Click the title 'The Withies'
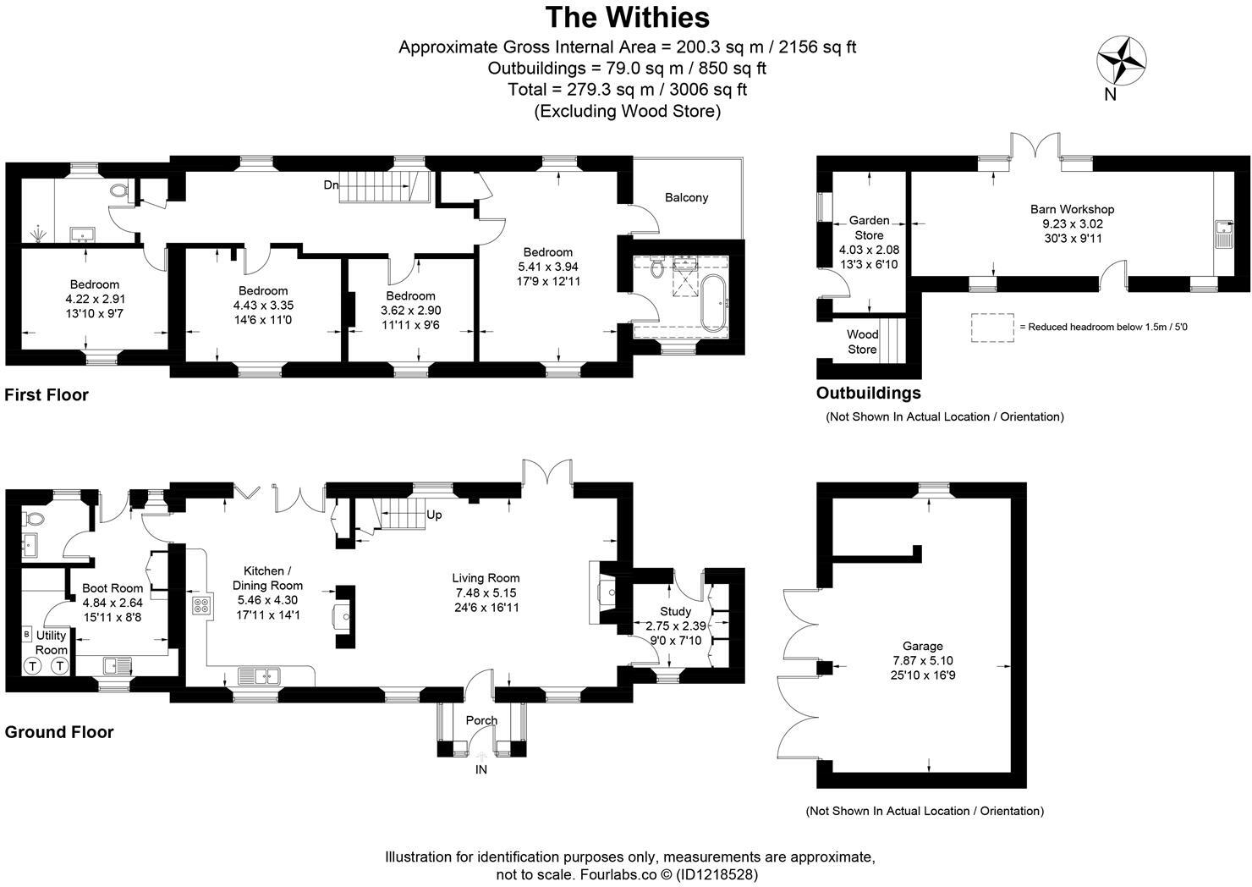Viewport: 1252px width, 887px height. pos(627,18)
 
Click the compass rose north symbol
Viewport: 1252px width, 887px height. pos(1121,61)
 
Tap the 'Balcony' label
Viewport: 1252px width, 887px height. pos(686,197)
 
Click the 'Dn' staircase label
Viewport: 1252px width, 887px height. pos(331,185)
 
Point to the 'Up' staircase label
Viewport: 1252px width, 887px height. pos(433,515)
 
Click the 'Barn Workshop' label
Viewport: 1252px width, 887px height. pos(1072,209)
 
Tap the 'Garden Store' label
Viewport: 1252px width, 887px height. pos(869,228)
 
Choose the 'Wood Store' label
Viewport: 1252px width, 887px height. pos(862,342)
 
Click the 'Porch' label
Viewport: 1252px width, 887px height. pos(481,720)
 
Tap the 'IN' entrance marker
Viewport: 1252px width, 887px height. pos(481,769)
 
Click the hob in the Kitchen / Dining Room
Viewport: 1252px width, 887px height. pos(202,605)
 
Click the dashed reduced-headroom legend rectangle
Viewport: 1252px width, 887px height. pos(992,328)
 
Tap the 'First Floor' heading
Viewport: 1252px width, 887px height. pos(47,394)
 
